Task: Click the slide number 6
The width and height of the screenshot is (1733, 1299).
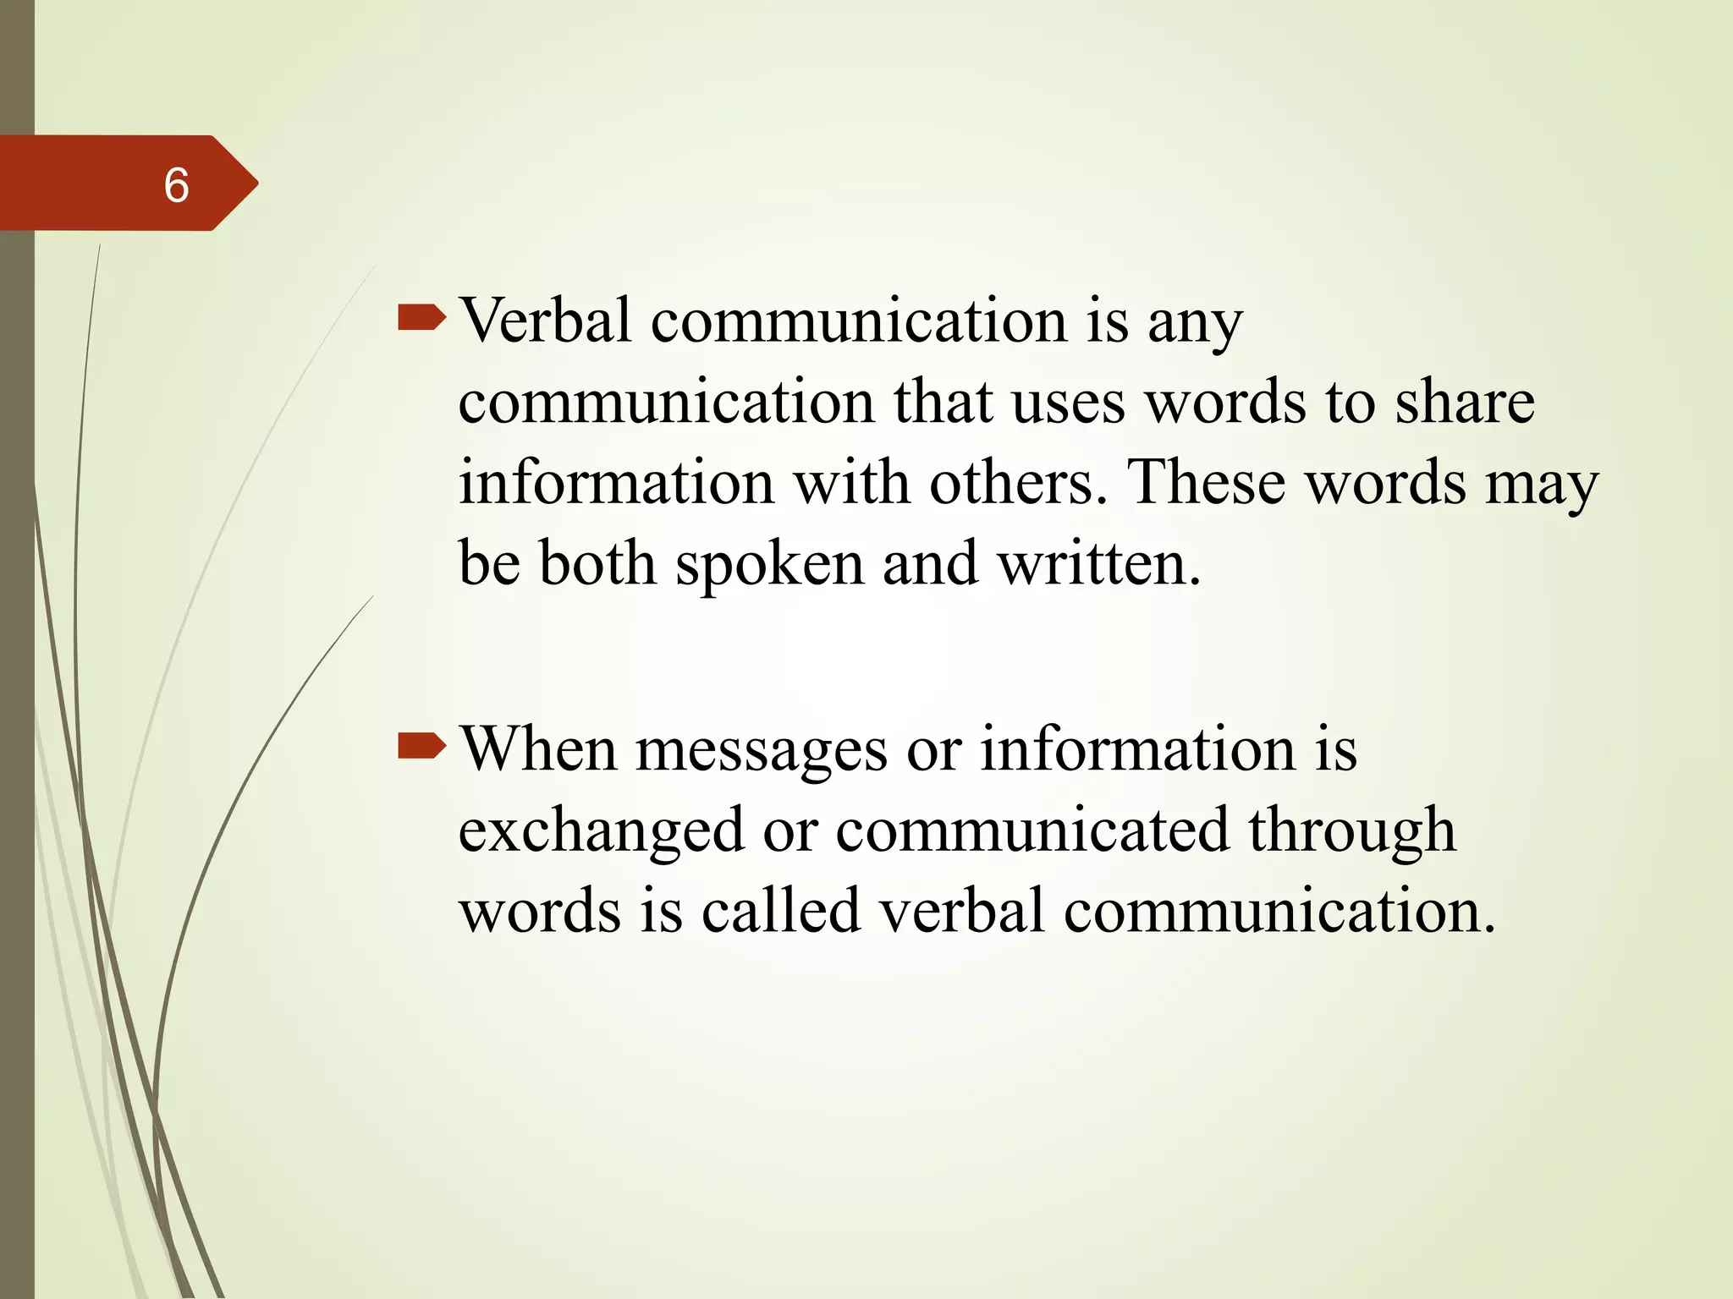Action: (x=176, y=185)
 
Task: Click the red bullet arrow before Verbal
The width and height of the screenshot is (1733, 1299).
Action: (x=421, y=319)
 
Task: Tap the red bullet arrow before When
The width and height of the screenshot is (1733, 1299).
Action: (x=421, y=746)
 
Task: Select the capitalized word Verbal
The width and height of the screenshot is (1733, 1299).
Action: (x=545, y=321)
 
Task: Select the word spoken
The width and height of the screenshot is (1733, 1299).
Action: (x=769, y=566)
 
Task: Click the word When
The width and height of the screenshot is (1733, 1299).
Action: (x=538, y=748)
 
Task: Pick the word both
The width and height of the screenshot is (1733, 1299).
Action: (x=597, y=564)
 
